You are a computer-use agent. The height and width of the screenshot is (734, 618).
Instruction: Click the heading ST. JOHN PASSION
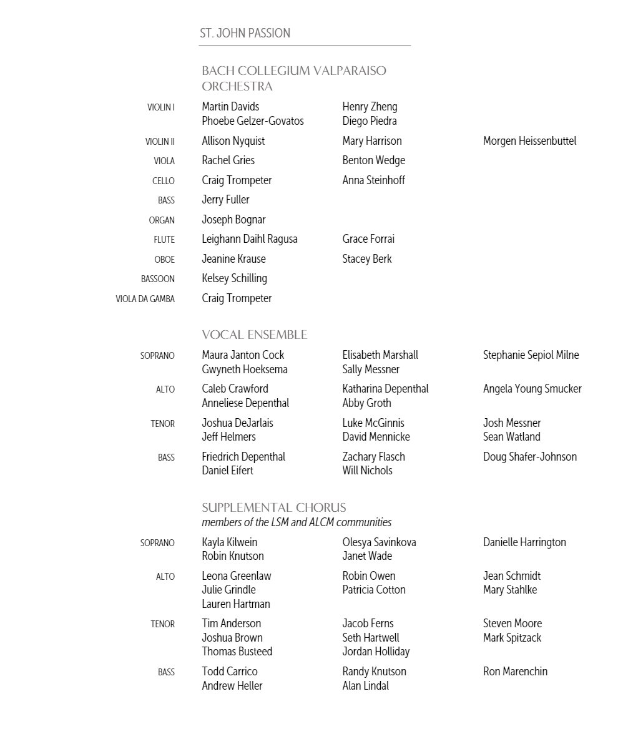[245, 33]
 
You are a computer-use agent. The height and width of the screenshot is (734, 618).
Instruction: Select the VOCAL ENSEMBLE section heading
[254, 335]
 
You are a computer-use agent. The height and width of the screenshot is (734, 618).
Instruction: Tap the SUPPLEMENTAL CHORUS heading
[273, 507]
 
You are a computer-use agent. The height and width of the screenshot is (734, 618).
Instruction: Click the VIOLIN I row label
[160, 107]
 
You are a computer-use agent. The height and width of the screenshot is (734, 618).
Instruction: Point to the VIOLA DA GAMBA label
[145, 299]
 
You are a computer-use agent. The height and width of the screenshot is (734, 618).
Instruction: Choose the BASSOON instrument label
[157, 279]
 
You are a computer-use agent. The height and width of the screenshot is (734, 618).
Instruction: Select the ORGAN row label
[161, 220]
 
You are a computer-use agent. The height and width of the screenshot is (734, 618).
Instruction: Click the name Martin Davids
[230, 107]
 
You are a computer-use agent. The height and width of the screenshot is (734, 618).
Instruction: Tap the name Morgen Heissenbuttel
[529, 141]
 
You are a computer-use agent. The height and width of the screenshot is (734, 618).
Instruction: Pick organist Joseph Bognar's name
[233, 220]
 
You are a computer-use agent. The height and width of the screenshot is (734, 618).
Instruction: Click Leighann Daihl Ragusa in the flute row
[250, 239]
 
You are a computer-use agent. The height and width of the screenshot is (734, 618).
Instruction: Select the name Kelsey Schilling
[234, 278]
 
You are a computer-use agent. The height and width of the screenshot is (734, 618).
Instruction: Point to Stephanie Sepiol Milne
[531, 355]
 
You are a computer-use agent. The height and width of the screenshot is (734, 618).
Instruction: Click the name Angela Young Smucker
[532, 389]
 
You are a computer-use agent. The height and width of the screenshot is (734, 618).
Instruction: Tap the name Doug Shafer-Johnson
[529, 457]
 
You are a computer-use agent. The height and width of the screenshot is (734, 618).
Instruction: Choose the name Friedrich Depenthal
[243, 457]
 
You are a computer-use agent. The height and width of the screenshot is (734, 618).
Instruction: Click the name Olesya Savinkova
[379, 542]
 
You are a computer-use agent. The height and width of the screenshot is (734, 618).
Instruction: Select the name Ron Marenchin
[515, 672]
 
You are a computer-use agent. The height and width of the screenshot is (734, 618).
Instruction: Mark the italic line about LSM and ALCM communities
[297, 522]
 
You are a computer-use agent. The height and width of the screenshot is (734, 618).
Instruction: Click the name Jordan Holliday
[376, 652]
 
